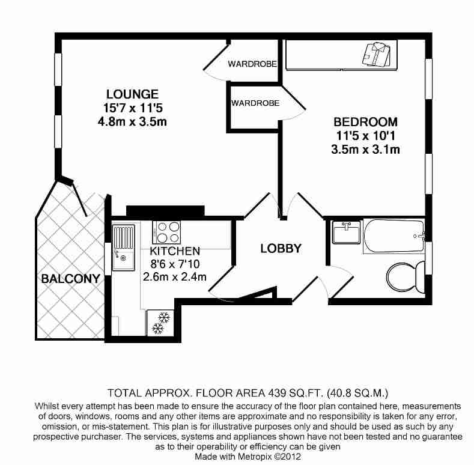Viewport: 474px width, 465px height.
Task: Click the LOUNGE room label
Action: (x=132, y=94)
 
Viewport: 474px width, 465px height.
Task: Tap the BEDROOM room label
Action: (x=365, y=122)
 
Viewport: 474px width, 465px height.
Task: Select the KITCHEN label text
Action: (x=175, y=251)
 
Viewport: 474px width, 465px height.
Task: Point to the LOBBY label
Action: (x=281, y=249)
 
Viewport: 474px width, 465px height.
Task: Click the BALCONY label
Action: (x=70, y=278)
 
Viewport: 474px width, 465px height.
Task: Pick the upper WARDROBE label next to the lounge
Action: (x=252, y=64)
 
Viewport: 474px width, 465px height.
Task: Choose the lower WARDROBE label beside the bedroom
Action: (x=255, y=103)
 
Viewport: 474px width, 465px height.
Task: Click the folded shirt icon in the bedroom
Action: (x=376, y=54)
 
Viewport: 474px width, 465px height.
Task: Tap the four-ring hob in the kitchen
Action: (x=166, y=232)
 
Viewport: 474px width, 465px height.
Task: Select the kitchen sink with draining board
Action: (x=124, y=248)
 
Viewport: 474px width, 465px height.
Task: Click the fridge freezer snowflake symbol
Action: (x=160, y=323)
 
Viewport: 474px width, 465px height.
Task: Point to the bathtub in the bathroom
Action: (x=394, y=236)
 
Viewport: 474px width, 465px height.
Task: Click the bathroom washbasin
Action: (x=346, y=232)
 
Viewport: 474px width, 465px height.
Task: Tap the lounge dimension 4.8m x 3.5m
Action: (x=132, y=121)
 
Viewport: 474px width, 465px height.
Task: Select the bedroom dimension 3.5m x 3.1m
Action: (x=365, y=150)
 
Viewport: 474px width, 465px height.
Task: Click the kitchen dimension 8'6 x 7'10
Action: (x=175, y=264)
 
